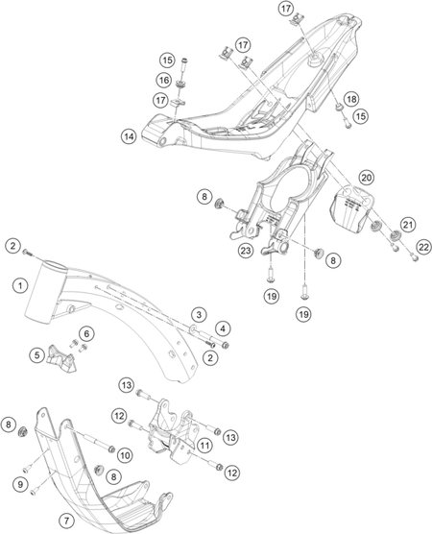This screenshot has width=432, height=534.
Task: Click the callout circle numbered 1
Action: pos(21,285)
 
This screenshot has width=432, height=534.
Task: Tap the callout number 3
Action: pos(199,314)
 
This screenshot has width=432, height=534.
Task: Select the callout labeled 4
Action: pos(223,329)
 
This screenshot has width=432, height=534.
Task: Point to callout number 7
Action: pos(66,521)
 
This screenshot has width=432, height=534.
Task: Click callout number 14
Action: pos(129,136)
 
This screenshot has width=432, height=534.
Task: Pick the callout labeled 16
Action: pos(164,81)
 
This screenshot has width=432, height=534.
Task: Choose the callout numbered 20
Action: pos(367,178)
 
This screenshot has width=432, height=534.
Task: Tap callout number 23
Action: pos(246,251)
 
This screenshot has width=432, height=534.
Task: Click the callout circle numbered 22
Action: pos(423,248)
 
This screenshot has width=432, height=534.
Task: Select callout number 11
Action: pos(204,445)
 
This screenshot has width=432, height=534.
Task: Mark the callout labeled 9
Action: pos(20,484)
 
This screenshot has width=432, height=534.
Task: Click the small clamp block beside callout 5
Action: pos(60,358)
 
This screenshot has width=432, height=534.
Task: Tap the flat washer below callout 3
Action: pos(192,329)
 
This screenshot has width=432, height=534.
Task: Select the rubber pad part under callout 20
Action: pos(352,212)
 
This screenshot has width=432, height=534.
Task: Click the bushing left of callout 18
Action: pos(339,108)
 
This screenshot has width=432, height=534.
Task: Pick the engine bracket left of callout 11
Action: pos(172,431)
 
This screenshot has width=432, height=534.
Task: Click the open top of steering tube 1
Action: pos(55,265)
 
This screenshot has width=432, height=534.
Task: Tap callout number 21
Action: pos(408,225)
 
